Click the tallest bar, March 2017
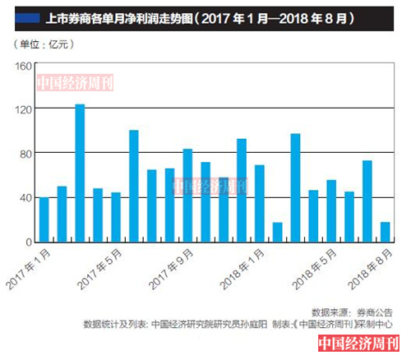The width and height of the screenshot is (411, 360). (x=80, y=173)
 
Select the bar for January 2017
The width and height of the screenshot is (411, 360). (x=44, y=219)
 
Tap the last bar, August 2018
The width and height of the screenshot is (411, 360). (x=386, y=232)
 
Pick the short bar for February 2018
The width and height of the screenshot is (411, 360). (x=277, y=232)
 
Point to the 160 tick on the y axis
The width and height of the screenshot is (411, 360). (x=22, y=65)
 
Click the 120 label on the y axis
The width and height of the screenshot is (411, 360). (x=22, y=109)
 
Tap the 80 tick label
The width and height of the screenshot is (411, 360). (x=25, y=154)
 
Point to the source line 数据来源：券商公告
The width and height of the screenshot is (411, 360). (x=345, y=312)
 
